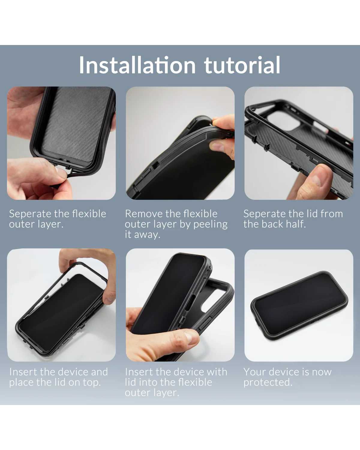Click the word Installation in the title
[137, 65]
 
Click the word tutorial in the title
[242, 65]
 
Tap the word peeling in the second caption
[210, 225]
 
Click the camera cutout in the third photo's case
[286, 121]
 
